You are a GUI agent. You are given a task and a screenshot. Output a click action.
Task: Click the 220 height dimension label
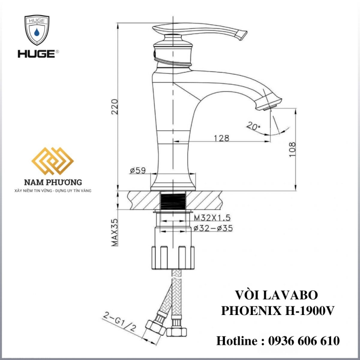pos(114,107)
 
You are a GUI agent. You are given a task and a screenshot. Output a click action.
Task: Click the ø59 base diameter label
pos(137,171)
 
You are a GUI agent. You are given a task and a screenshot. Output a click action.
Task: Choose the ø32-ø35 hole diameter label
pos(213,228)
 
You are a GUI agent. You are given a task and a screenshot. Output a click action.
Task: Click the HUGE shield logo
pos(37,30)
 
